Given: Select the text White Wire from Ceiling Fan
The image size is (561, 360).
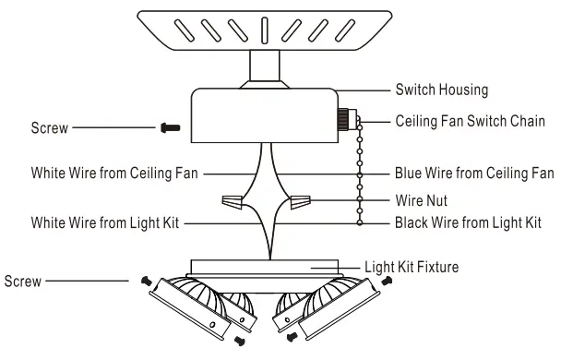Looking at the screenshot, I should coord(114,172).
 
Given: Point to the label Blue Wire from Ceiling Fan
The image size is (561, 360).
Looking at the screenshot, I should coord(473,172).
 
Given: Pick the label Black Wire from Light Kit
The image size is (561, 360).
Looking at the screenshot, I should coord(467,222).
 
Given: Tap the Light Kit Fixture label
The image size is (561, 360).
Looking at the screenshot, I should coord(412,267).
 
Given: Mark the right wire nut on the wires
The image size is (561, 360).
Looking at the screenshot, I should coord(301,200).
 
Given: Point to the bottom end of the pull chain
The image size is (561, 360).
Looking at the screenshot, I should coord(359,222).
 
